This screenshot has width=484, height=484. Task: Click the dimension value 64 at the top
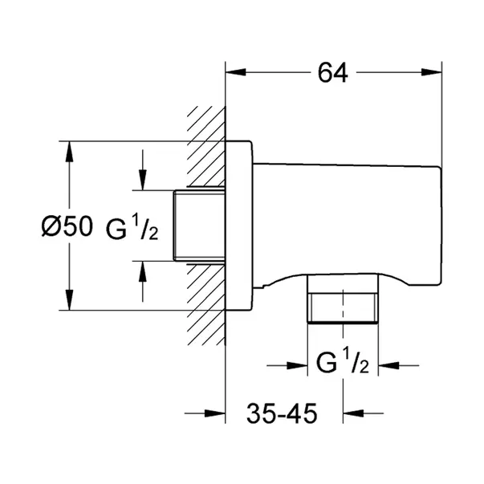tap(332, 72)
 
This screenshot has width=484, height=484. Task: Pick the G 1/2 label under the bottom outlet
tap(342, 364)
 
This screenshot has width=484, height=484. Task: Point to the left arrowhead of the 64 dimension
tap(235, 73)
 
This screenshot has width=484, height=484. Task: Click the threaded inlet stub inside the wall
tap(198, 226)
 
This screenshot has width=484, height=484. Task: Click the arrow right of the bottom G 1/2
tap(388, 365)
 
